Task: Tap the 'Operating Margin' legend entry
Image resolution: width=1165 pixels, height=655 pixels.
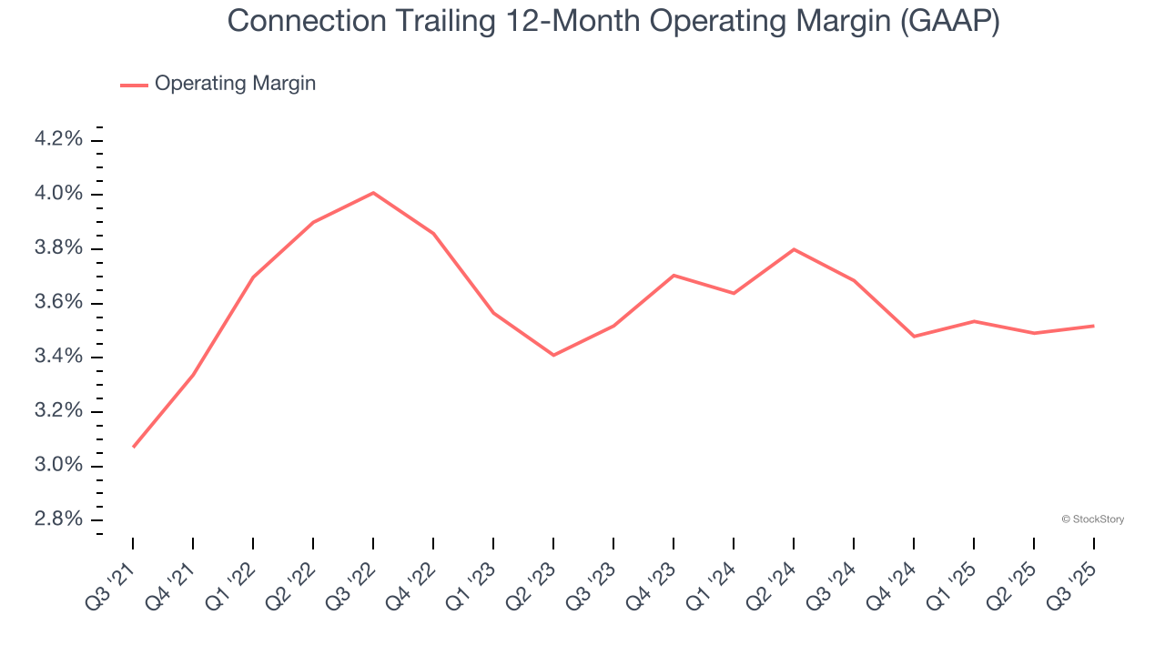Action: tap(235, 84)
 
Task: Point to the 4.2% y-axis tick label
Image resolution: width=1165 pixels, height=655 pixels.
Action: tap(59, 139)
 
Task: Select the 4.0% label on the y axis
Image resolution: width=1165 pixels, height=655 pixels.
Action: tap(59, 194)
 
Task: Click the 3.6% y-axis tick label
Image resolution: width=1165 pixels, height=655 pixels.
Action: tap(59, 303)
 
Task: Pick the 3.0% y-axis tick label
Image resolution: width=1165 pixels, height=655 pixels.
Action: tap(59, 466)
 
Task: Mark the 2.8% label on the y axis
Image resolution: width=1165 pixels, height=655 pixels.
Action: tap(59, 519)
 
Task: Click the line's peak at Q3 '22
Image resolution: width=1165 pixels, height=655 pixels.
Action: tap(373, 193)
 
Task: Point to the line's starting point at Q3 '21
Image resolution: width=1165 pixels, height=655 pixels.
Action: tap(134, 447)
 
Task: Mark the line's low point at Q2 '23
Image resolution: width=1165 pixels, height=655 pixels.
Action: tap(553, 355)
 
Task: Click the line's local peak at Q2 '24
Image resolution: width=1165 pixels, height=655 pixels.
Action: tap(794, 249)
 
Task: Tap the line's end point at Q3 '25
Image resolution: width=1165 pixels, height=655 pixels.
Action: tap(1093, 326)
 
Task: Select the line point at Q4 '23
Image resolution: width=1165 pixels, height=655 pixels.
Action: tap(674, 275)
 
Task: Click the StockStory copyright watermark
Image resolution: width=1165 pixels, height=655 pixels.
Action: tap(1092, 519)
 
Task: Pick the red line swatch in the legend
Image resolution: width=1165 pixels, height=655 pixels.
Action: tap(134, 85)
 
